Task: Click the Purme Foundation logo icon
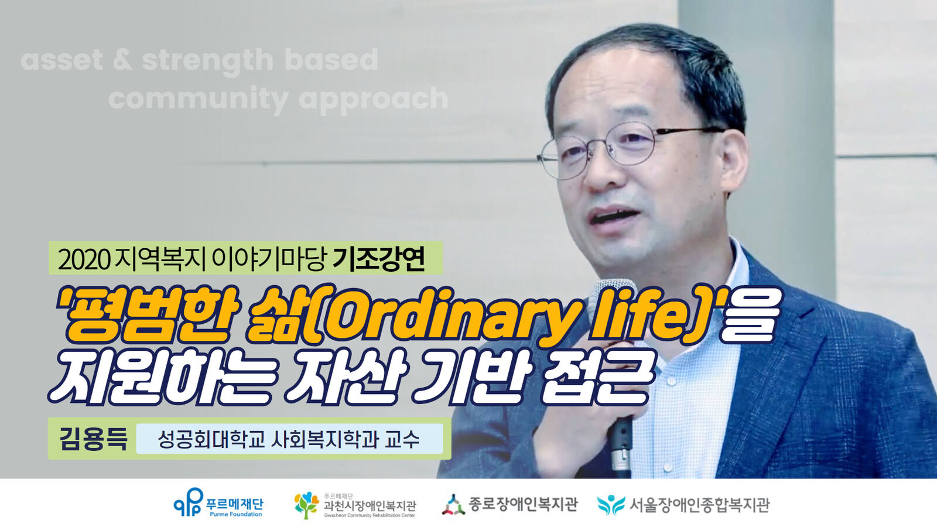coord(188,502)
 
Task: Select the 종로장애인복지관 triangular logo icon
coord(453,504)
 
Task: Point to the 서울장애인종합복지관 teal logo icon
coord(611,505)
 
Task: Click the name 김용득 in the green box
coord(93,439)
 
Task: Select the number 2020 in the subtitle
coord(84,259)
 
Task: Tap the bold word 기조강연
coord(379,258)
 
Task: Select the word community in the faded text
coord(199,100)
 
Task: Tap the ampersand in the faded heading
coord(122,60)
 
